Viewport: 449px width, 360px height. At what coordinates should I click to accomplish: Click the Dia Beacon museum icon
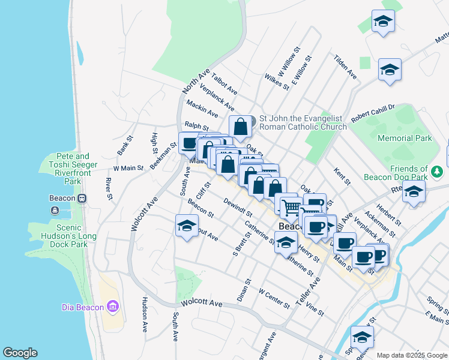[112, 307]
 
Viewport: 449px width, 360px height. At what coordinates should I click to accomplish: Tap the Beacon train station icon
[82, 198]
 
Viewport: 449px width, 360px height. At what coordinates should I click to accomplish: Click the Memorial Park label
[405, 138]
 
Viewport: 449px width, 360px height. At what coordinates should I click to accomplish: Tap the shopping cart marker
[291, 207]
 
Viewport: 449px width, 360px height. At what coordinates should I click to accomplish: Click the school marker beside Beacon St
[187, 226]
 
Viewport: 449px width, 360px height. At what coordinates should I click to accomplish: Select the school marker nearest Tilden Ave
[390, 70]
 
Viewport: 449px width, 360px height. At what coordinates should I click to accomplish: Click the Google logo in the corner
[20, 353]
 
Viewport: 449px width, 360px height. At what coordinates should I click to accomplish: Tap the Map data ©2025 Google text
[412, 355]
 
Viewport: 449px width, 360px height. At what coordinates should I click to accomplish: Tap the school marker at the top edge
[382, 22]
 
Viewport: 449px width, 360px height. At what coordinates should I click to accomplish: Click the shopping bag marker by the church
[240, 127]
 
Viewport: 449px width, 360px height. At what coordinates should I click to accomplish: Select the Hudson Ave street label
[145, 315]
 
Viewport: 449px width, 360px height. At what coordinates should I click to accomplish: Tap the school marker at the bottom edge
[362, 338]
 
